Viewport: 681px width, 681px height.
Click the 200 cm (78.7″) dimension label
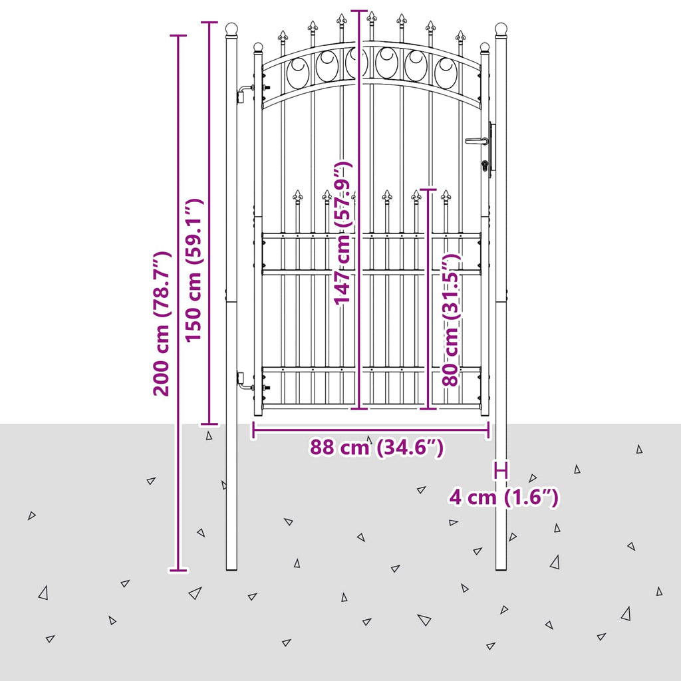[162, 323]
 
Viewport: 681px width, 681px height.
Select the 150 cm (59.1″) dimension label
[194, 270]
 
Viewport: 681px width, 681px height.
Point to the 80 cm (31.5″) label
[451, 320]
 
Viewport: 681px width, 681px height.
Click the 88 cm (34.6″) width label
[376, 447]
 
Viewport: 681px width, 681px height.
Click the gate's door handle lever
[477, 141]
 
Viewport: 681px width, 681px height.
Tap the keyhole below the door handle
[485, 165]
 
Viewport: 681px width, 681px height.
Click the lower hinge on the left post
[245, 380]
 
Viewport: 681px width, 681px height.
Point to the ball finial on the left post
[232, 29]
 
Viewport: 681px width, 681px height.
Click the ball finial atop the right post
[501, 29]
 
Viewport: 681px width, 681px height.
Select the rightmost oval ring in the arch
[446, 73]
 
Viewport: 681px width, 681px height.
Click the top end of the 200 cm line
[178, 36]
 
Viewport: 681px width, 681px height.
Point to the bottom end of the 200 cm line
[178, 570]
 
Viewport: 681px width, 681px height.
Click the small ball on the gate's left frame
[258, 47]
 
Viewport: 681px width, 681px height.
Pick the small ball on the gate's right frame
[485, 47]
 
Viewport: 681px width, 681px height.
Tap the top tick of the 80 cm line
[428, 190]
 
